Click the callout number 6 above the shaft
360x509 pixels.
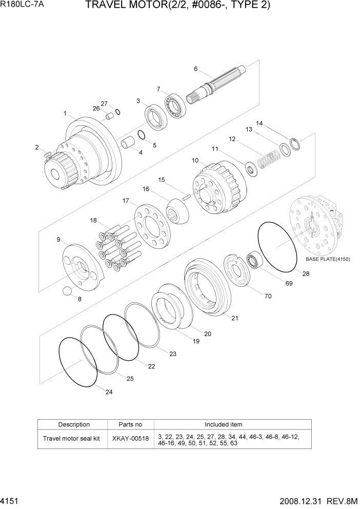pyautogui.click(x=195, y=69)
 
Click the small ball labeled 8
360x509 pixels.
pyautogui.click(x=67, y=291)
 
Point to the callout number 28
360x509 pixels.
pyautogui.click(x=306, y=274)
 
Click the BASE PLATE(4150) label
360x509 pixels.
pyautogui.click(x=328, y=259)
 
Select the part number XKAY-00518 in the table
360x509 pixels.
pyautogui.click(x=130, y=439)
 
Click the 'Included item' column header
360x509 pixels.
pyautogui.click(x=224, y=424)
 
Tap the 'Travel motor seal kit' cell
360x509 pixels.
pyautogui.click(x=71, y=439)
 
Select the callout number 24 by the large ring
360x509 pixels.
pyautogui.click(x=109, y=392)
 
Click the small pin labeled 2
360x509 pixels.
pyautogui.click(x=47, y=153)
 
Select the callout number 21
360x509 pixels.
pyautogui.click(x=234, y=318)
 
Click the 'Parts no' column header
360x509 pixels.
pyautogui.click(x=130, y=424)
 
